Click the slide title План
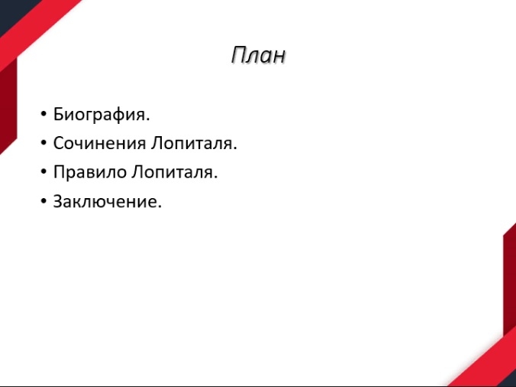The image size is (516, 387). [258, 55]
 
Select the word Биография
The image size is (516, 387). [102, 115]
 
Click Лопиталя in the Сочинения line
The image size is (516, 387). [194, 143]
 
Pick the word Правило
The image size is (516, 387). [90, 172]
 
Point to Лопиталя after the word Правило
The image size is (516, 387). [174, 172]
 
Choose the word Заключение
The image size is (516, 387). [108, 201]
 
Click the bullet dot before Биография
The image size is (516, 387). [44, 114]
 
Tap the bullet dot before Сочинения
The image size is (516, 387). [44, 143]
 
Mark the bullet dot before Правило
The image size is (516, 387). [44, 172]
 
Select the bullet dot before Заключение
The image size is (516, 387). [44, 201]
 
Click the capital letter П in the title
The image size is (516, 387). [237, 55]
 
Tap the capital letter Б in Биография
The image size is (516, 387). [59, 115]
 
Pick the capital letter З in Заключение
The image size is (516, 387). [58, 201]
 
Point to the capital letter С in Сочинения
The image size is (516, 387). [59, 143]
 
